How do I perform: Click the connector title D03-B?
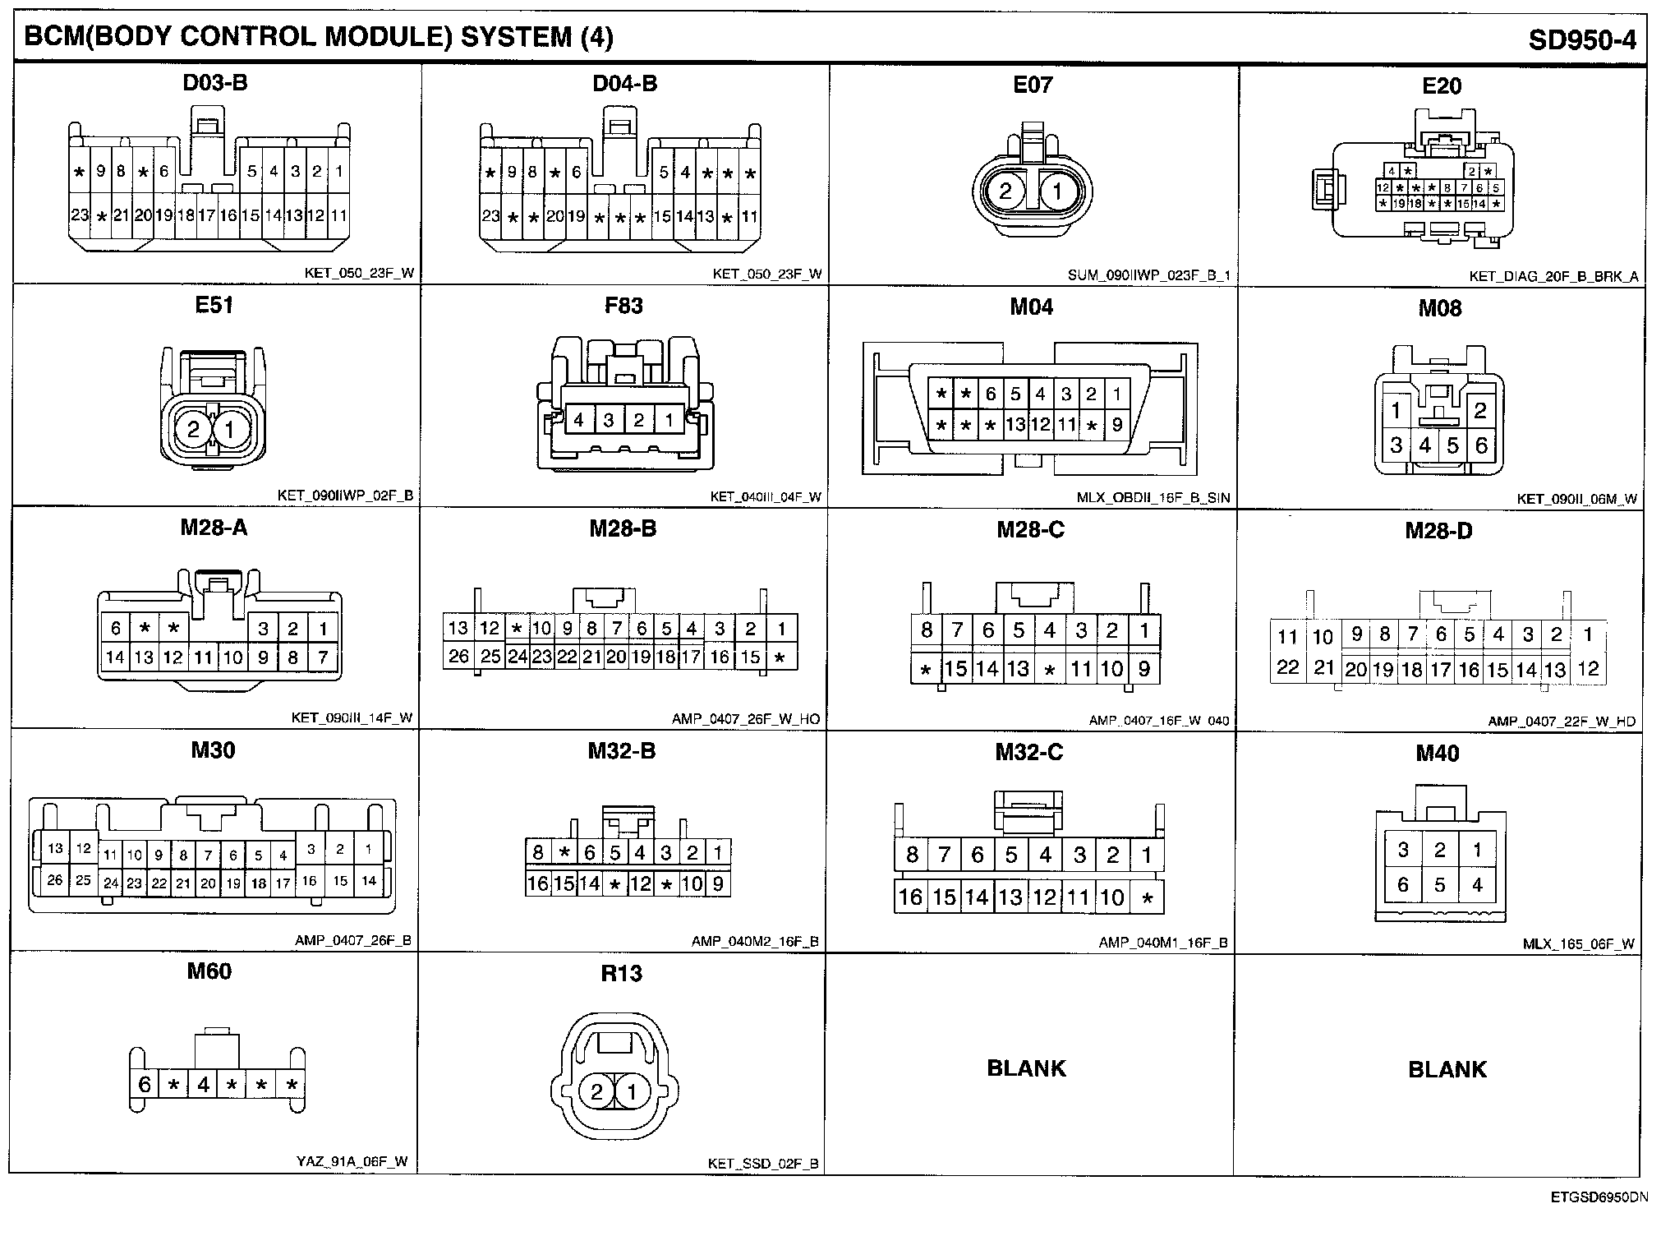pyautogui.click(x=214, y=83)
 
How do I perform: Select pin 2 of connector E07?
pyautogui.click(x=1005, y=191)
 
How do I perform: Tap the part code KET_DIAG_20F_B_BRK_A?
pyautogui.click(x=1553, y=277)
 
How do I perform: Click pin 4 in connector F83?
pyautogui.click(x=579, y=421)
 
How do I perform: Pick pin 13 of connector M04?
pyautogui.click(x=1015, y=425)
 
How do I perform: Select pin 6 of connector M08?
pyautogui.click(x=1481, y=445)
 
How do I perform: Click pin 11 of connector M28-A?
pyautogui.click(x=203, y=657)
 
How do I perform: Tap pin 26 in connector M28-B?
pyautogui.click(x=458, y=656)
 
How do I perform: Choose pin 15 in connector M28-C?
pyautogui.click(x=956, y=669)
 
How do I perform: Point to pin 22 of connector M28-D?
pyautogui.click(x=1287, y=667)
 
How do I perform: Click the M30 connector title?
pyautogui.click(x=213, y=749)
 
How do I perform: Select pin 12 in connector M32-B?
pyautogui.click(x=640, y=884)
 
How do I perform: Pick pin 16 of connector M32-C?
pyautogui.click(x=910, y=897)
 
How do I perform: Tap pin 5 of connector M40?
pyautogui.click(x=1439, y=885)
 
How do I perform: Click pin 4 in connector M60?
pyautogui.click(x=203, y=1085)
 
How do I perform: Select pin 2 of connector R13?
pyautogui.click(x=597, y=1092)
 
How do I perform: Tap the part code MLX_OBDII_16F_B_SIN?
pyautogui.click(x=1153, y=498)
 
